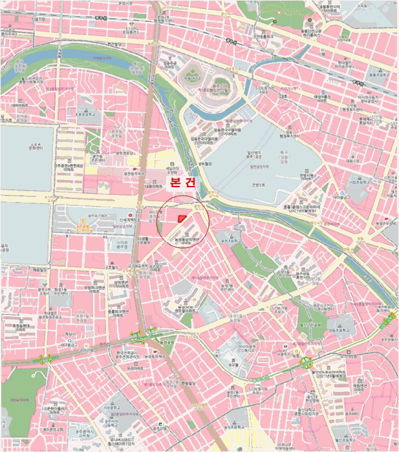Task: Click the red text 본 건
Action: click(182, 183)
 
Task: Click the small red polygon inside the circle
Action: click(182, 219)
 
